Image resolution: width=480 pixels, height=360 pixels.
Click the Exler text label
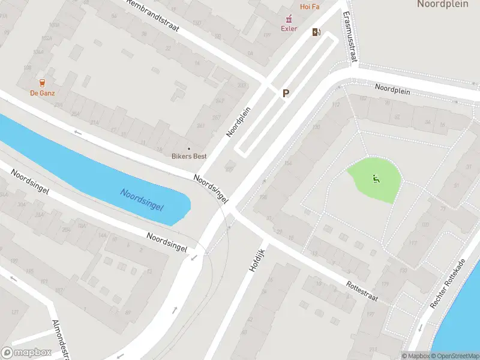click(x=289, y=28)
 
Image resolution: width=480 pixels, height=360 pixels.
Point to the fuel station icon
click(x=316, y=32)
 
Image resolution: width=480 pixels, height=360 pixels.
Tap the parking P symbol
click(x=286, y=93)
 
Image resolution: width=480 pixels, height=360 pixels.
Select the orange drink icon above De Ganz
click(x=42, y=83)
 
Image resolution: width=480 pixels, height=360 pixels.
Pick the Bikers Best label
click(x=190, y=157)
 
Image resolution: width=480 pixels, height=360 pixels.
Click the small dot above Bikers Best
click(x=189, y=149)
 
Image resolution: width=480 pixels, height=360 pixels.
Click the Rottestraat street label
click(x=362, y=293)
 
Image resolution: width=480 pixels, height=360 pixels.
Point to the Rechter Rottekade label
click(x=449, y=284)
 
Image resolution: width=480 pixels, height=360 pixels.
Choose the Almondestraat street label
click(x=61, y=337)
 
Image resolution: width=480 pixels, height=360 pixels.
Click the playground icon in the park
click(x=376, y=178)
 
